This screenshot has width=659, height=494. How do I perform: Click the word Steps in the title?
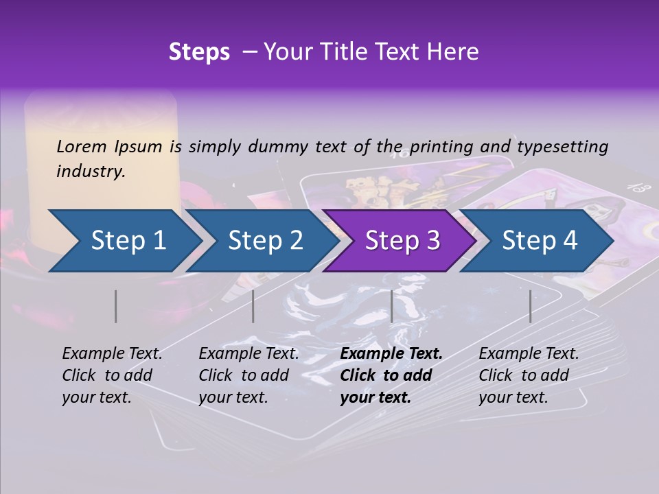[199, 52]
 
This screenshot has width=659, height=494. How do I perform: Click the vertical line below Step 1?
[116, 306]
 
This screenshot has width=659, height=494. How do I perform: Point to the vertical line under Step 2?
[253, 306]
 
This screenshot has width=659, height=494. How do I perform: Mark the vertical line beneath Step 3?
[391, 306]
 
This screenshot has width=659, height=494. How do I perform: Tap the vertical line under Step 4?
[530, 306]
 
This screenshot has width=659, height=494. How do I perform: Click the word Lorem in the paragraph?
[82, 146]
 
